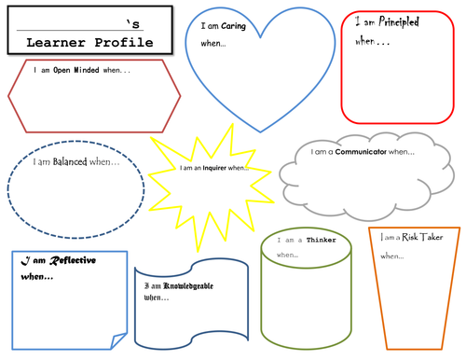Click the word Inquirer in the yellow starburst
[213, 168]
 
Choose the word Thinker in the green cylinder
[322, 240]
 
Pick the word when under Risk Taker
[391, 256]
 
